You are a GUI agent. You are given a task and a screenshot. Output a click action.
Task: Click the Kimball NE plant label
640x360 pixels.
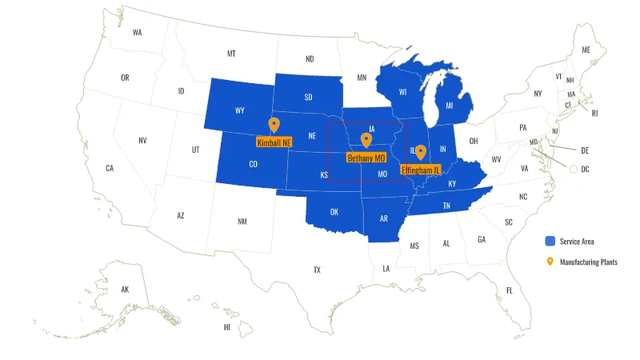pos(274,142)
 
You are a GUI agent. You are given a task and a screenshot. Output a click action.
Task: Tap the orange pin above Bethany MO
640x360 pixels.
pos(366,140)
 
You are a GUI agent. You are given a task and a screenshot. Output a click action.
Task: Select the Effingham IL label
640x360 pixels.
pos(421,170)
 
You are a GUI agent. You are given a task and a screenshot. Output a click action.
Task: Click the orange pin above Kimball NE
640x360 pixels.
pos(274,124)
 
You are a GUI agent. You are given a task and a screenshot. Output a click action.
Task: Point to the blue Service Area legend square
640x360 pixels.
pos(550,241)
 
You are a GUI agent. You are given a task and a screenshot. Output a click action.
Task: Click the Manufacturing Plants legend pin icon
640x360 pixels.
pos(550,262)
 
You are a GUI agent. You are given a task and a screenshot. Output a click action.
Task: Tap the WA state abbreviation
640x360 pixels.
pos(138,33)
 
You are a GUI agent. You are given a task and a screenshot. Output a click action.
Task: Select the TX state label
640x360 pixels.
pos(317,270)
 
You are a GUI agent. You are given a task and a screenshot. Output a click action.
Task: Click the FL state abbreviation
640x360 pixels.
pos(509,290)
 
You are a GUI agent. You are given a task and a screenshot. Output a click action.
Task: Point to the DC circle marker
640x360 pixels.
pos(574,169)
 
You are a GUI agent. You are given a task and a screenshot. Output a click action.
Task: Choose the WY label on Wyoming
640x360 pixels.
pos(240,110)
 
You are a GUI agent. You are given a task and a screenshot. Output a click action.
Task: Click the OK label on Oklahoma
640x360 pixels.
pos(334,212)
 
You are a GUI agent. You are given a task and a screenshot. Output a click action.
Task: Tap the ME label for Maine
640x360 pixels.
pos(586,50)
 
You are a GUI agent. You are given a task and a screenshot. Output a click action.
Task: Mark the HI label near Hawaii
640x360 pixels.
pos(227,326)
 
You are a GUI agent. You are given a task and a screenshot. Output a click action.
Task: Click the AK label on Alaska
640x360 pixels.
pos(125,289)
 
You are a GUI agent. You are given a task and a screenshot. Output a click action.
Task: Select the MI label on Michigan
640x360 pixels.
pos(449,105)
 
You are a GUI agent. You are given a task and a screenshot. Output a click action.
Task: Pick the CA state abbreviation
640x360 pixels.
pos(110,168)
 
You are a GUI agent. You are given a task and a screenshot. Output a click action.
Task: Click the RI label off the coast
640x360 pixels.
pos(594,113)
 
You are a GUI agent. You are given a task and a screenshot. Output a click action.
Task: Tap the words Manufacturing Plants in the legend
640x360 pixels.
pos(588,262)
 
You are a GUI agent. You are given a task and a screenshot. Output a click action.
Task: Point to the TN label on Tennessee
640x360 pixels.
pos(447,206)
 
